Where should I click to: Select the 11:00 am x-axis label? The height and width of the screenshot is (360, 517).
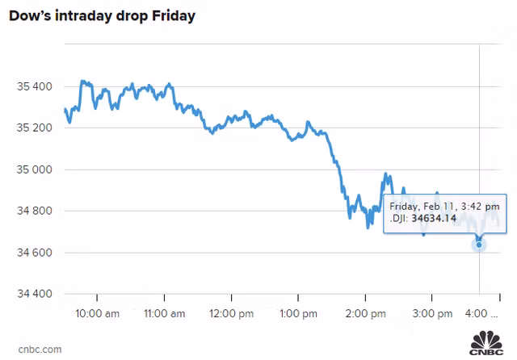164,313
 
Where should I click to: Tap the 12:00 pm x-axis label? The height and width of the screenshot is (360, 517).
231,313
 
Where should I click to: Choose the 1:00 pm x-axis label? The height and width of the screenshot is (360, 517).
297,313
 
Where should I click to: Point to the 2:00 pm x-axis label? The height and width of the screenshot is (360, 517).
364,313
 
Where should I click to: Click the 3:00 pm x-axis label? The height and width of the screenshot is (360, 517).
431,313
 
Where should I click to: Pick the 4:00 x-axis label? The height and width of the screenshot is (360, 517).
481,313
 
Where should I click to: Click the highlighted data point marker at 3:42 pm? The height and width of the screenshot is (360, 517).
479,244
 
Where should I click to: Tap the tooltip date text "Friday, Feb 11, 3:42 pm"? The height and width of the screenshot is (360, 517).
443,205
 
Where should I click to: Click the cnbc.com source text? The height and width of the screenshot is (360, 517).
35,349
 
